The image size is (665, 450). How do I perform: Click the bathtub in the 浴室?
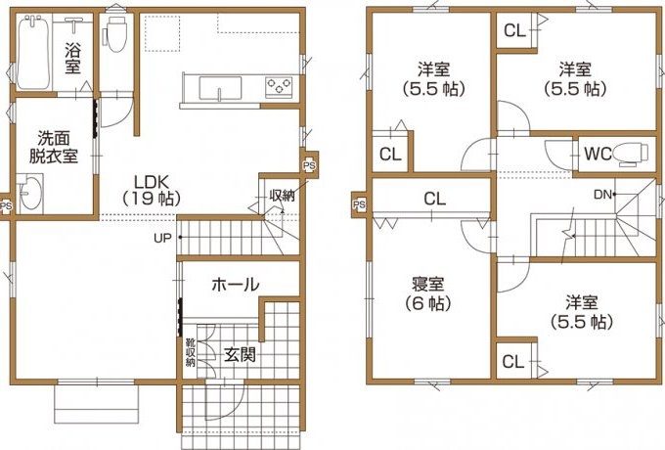34,51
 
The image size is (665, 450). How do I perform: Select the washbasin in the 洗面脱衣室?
30,193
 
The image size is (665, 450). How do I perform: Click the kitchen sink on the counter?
220,87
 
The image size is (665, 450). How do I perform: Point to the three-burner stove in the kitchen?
279,87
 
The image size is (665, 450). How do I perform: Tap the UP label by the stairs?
162,238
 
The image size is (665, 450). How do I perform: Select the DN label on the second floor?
602,195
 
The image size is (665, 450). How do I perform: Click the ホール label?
236,284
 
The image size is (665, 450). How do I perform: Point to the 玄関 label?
240,354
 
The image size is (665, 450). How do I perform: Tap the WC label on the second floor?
598,154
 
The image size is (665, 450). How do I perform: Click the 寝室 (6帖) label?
428,293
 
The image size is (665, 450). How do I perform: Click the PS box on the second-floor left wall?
359,204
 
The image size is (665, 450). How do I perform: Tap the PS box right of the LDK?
309,166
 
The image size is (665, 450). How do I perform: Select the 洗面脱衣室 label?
54,147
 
